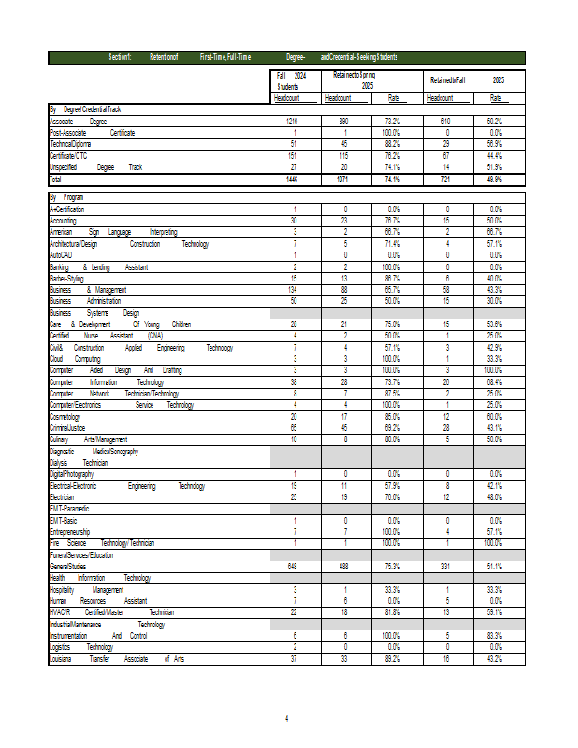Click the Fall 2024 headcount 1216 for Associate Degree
coord(294,122)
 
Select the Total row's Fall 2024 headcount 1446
coord(294,179)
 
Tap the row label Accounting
coord(65,220)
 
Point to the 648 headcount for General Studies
coord(294,567)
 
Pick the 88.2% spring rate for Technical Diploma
coord(393,144)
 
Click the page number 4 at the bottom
coord(287,718)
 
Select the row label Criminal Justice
coord(70,427)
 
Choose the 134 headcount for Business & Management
coord(294,290)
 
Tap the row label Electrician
coord(64,497)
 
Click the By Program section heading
coord(66,197)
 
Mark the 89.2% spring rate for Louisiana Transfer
coord(393,659)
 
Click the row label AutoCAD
coord(61,254)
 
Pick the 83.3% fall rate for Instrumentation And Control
coord(496,636)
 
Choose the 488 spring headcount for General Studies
coord(344,567)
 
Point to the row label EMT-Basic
coord(64,520)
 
